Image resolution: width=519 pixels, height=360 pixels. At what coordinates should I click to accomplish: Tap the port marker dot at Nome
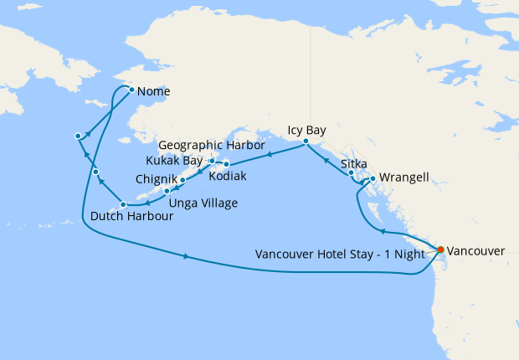(x=131, y=90)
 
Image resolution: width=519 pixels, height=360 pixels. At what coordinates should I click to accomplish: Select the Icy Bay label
(x=306, y=131)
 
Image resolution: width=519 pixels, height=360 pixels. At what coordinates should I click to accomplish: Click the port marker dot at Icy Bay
(x=306, y=141)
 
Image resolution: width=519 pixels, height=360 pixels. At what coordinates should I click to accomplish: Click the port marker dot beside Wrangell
(x=372, y=177)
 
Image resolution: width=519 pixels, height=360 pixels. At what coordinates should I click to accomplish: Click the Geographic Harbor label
(x=212, y=145)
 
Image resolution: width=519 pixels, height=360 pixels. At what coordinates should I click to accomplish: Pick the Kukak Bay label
(x=174, y=160)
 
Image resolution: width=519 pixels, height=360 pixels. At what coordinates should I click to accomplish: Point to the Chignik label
(x=155, y=179)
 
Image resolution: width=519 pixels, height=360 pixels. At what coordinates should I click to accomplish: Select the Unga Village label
(x=203, y=203)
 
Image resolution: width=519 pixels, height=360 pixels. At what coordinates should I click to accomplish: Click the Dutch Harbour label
(x=132, y=216)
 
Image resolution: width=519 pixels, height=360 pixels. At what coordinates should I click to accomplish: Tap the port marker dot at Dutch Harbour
(x=122, y=204)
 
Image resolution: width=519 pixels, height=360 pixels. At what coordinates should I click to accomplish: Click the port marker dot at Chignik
(x=182, y=180)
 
